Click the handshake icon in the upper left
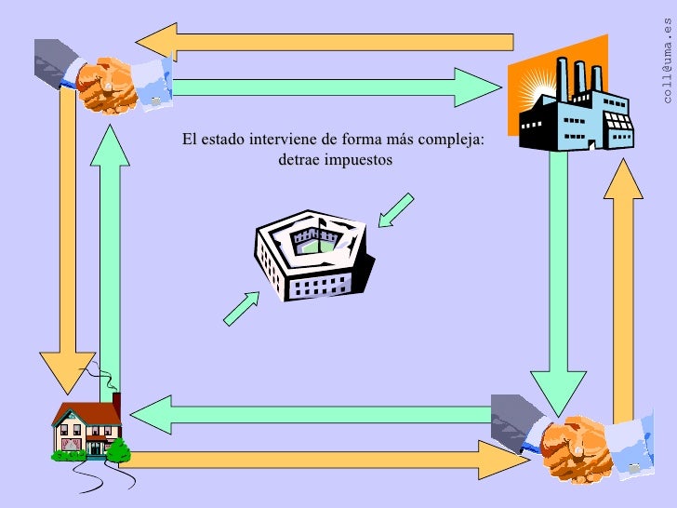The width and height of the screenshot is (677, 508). (112, 72)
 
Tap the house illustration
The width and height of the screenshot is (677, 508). (87, 430)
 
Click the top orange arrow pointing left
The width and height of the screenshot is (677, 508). (325, 41)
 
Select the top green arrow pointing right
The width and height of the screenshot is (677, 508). (335, 87)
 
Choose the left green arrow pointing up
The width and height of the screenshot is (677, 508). (111, 251)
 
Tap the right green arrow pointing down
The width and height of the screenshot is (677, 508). (559, 279)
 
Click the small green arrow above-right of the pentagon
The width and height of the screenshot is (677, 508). (395, 209)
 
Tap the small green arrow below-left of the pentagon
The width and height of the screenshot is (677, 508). (241, 308)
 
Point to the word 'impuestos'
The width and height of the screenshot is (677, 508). (359, 160)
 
